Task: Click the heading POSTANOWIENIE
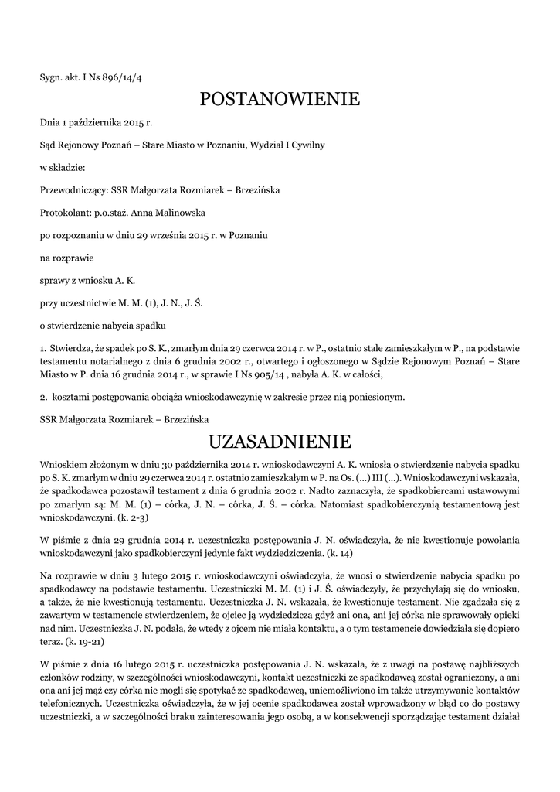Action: [280, 99]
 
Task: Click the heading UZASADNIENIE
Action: [280, 442]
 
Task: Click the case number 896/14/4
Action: [122, 77]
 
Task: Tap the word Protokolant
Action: [65, 212]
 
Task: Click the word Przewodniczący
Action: [74, 189]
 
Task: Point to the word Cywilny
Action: [307, 145]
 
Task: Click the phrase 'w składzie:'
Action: [63, 167]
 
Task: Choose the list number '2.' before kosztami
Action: [44, 397]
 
